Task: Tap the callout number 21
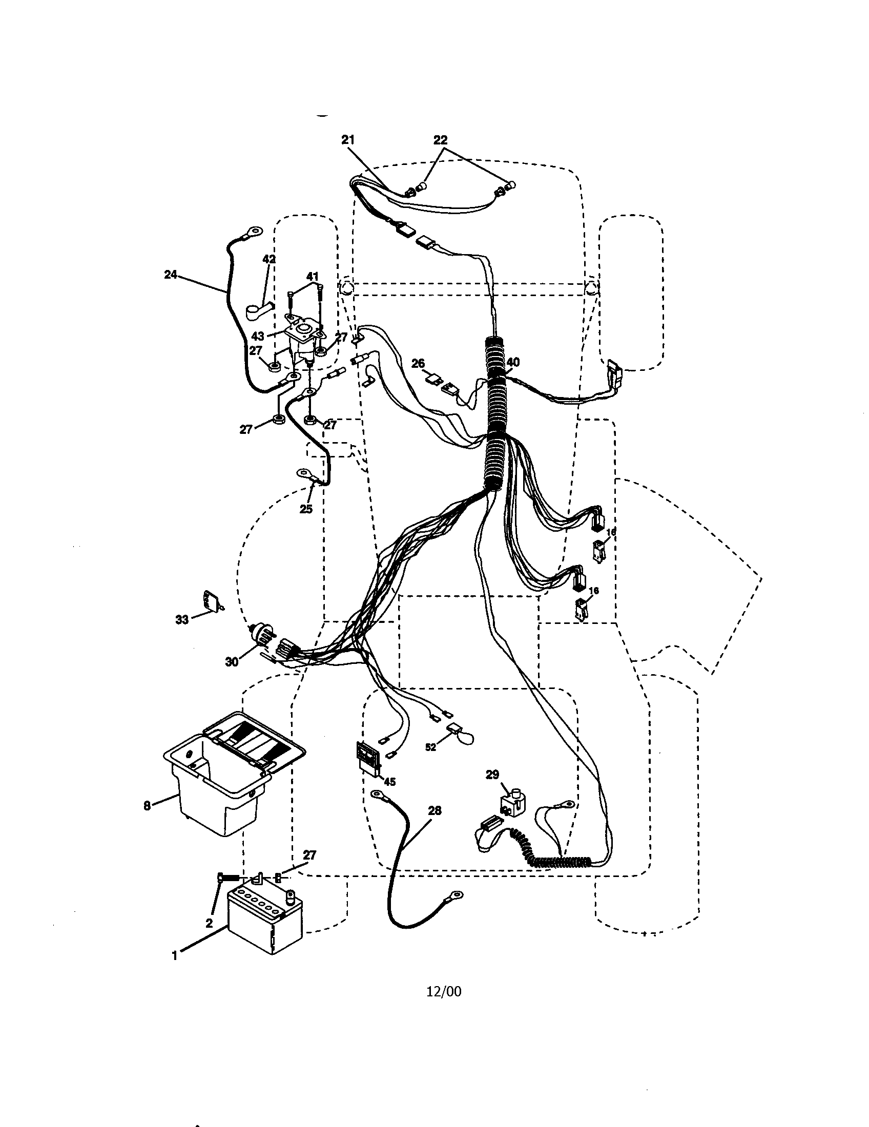[348, 140]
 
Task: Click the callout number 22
[440, 140]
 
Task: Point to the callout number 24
[170, 275]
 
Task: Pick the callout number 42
[269, 259]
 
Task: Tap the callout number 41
[313, 276]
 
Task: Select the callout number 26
[418, 364]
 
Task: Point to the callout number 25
[306, 509]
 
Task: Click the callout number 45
[389, 782]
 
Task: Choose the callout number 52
[430, 747]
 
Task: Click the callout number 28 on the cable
[434, 811]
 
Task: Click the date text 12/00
[444, 991]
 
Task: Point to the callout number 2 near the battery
[209, 924]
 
